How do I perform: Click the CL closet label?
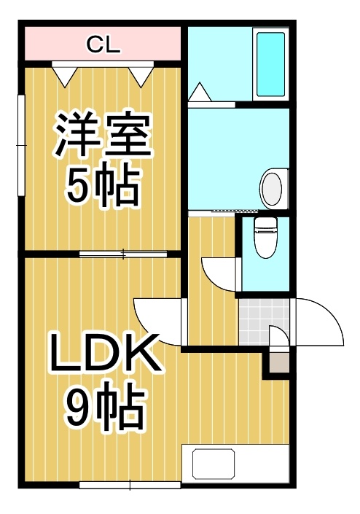[x=103, y=44]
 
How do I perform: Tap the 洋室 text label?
[x=103, y=135]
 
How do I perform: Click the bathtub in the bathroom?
[x=270, y=64]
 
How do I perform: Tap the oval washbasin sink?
[x=272, y=189]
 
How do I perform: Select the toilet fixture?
[x=266, y=238]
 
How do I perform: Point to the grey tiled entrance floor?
[x=264, y=322]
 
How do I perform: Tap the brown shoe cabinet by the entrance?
[x=279, y=363]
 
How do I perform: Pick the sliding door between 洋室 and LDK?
[x=123, y=254]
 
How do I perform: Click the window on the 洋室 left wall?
[x=21, y=145]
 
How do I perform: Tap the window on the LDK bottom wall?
[x=130, y=485]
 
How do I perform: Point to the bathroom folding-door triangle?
[x=200, y=92]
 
